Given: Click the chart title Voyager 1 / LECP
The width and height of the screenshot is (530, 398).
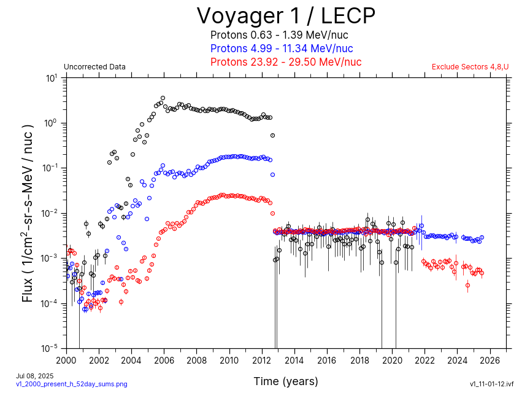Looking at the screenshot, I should click(x=285, y=15).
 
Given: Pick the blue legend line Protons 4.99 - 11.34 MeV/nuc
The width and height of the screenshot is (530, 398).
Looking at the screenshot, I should click(x=282, y=49).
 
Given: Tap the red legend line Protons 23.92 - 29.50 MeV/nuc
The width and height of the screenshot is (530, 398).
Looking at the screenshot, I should click(x=286, y=62).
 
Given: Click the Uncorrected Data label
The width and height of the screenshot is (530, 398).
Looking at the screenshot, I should click(x=94, y=67).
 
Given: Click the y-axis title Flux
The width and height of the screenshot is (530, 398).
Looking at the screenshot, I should click(x=28, y=213).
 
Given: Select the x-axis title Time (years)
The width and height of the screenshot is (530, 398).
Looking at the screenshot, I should click(x=286, y=381).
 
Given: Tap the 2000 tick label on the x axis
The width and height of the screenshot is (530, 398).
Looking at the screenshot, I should click(x=66, y=360).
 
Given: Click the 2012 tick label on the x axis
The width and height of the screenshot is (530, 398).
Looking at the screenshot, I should click(x=262, y=360).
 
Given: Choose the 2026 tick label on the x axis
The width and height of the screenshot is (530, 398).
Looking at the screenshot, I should click(x=490, y=360).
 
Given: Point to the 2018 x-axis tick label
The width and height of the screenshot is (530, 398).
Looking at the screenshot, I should click(x=359, y=360).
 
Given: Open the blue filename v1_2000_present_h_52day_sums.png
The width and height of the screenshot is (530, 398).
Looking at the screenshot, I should click(x=72, y=384).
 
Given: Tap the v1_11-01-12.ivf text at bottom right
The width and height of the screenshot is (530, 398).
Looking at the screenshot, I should click(x=491, y=384).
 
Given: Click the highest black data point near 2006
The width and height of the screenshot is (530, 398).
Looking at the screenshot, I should click(x=163, y=98).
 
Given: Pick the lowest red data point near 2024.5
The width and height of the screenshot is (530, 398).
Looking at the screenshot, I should click(x=467, y=285).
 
